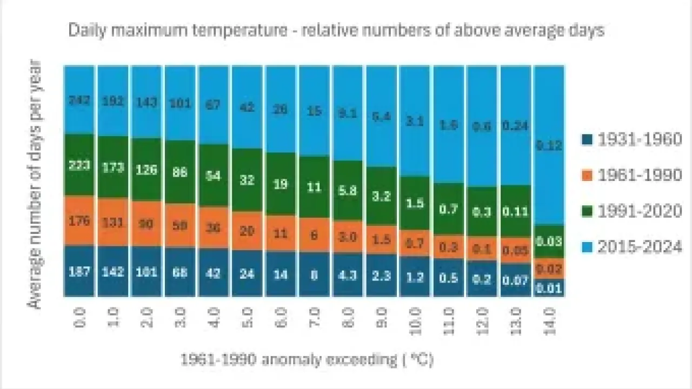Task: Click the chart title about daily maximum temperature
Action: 336,30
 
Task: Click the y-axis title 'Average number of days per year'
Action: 35,185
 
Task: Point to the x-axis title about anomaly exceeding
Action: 307,360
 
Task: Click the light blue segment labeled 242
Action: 79,100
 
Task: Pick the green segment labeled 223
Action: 79,165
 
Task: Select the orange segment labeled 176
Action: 79,221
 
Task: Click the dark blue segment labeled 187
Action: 79,271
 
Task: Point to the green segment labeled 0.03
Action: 549,241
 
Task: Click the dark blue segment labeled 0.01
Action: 549,288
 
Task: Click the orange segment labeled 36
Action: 214,227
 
